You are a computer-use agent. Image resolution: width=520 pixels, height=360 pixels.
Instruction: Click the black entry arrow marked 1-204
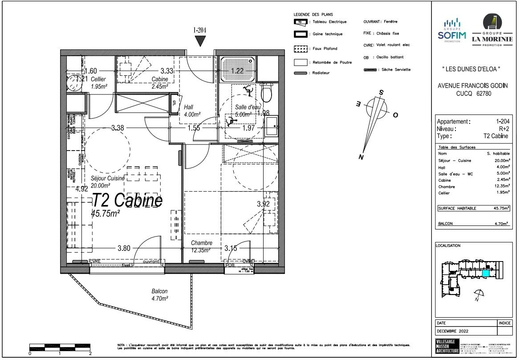tap(201, 41)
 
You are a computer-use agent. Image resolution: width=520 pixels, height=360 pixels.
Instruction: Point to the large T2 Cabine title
tap(127, 200)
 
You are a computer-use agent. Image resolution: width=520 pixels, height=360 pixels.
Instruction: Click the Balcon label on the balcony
tap(159, 291)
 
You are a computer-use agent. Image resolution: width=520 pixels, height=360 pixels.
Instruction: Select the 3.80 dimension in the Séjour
tap(124, 249)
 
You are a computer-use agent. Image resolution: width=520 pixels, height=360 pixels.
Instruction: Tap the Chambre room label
tap(201, 243)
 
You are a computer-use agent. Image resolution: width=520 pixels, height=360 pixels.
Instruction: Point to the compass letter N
tap(362, 157)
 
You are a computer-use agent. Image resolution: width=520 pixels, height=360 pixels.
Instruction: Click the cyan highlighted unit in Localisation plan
tap(486, 273)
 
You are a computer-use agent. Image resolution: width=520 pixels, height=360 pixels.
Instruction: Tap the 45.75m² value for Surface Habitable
tap(501, 208)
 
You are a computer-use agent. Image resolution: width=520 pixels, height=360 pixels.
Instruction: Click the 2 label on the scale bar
tap(90, 353)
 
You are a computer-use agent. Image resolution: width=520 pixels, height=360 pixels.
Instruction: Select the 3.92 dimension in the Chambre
tap(264, 204)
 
